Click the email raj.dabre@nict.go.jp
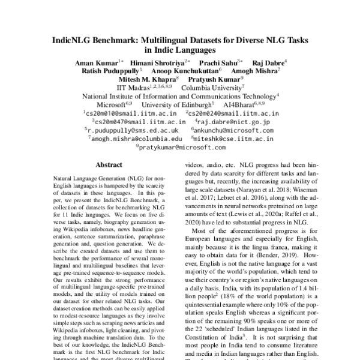(235, 121)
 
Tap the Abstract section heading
(110, 164)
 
